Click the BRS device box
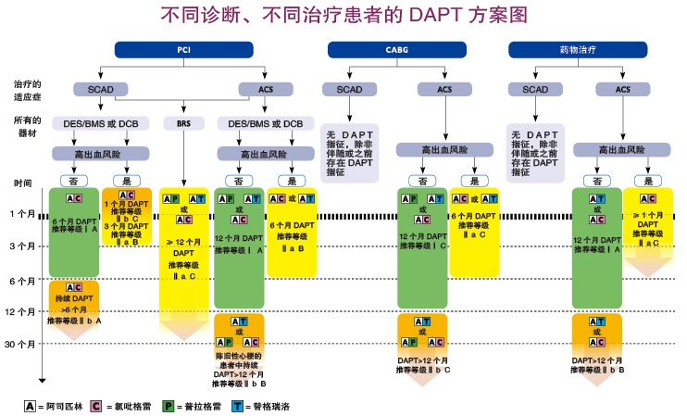coord(180,123)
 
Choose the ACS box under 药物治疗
coord(626,89)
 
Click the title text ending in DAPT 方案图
coord(343,15)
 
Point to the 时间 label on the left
coord(22,183)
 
